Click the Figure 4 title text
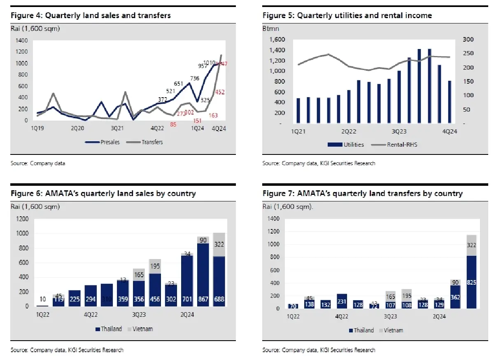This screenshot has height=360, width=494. point(91,16)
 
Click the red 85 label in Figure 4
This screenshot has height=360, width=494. point(173,124)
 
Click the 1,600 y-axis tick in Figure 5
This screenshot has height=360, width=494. point(277,40)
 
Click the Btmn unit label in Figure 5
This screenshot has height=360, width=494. point(269,29)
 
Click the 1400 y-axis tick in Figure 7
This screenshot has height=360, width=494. point(273,219)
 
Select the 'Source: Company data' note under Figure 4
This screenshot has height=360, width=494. point(38,164)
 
